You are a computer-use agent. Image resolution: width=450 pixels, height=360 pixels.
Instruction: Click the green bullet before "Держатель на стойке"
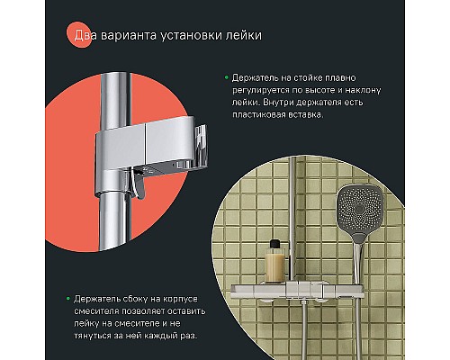(x=227, y=77)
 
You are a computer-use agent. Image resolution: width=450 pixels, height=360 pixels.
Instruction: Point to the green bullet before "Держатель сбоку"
(x=68, y=299)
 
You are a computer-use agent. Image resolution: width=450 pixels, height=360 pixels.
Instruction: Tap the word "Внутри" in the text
(x=278, y=103)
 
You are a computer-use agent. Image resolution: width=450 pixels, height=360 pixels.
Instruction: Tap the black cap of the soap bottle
(x=275, y=244)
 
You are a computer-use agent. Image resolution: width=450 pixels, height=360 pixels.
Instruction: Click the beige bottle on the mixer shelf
(x=274, y=265)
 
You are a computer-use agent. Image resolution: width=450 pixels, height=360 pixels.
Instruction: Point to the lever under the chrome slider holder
(x=139, y=184)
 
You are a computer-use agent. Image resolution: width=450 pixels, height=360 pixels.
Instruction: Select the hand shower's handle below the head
(x=358, y=261)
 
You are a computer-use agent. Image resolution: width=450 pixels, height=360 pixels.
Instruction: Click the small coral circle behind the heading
(x=79, y=35)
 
